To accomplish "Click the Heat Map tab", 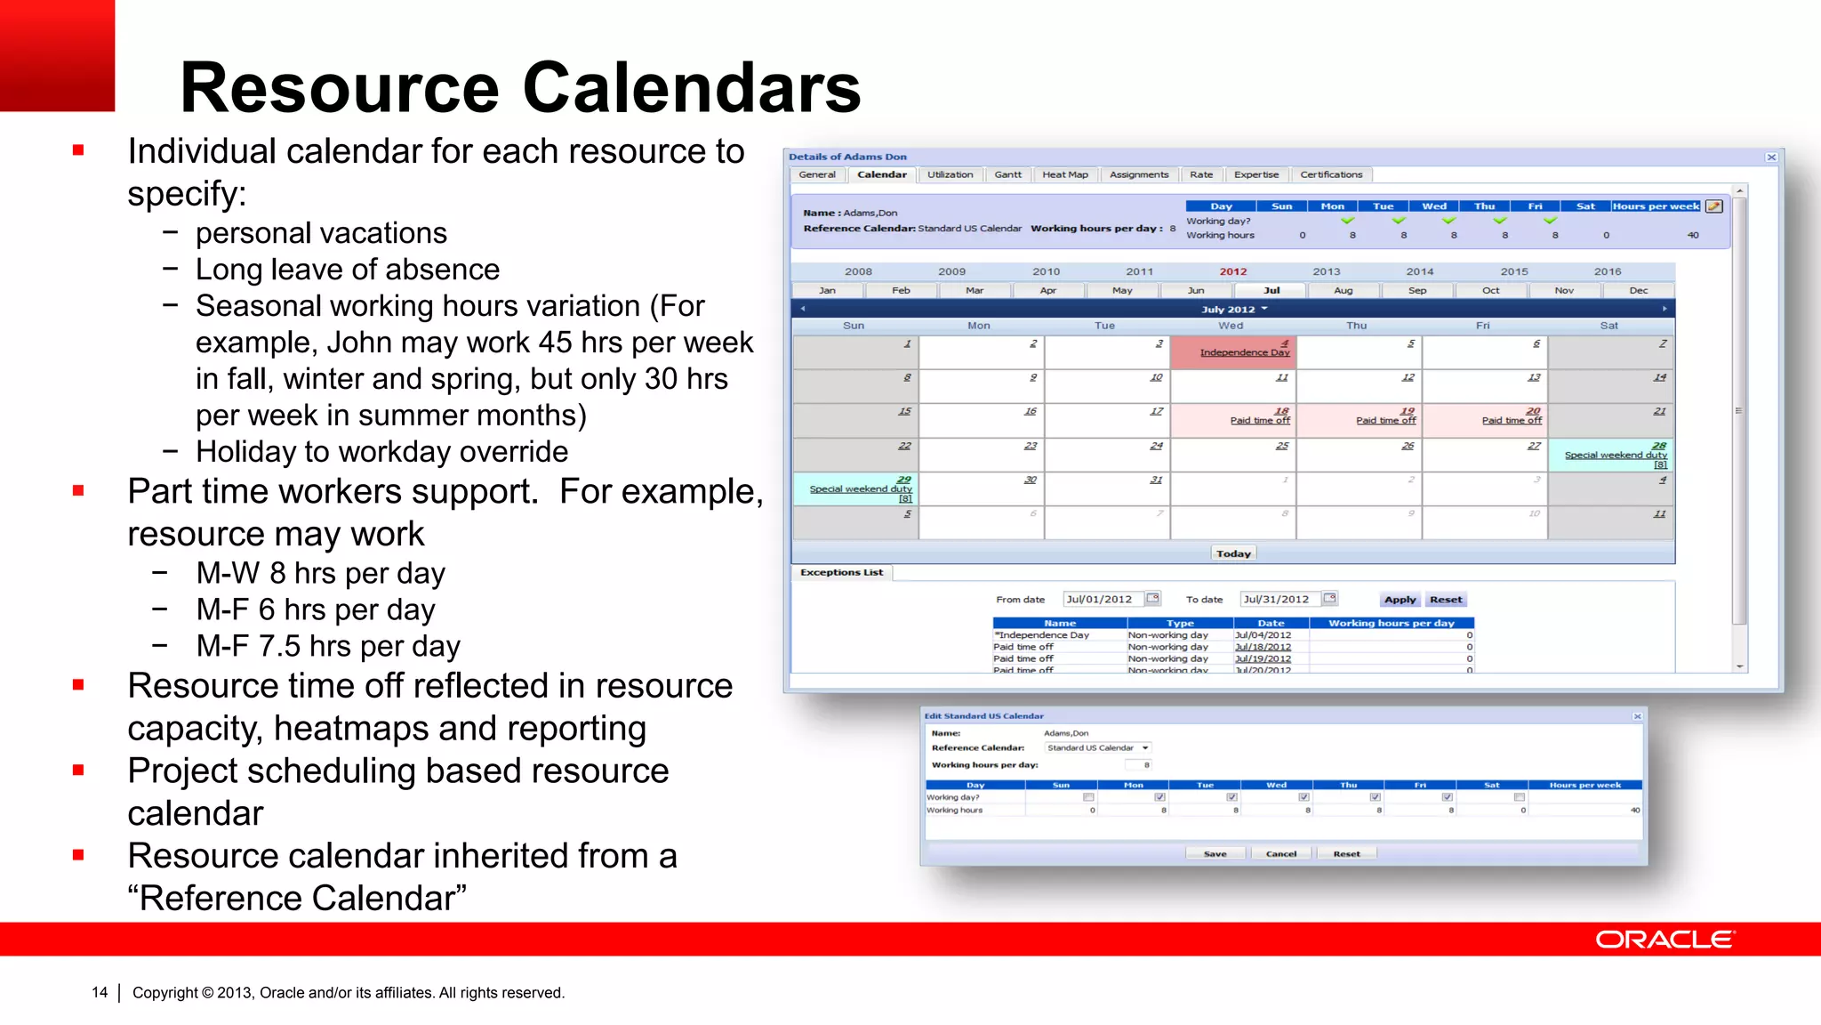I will click(x=1064, y=174).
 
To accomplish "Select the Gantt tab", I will click(x=1007, y=174).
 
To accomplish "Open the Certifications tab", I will click(x=1330, y=174).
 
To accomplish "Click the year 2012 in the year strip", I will click(x=1232, y=271).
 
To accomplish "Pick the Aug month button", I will click(x=1343, y=290).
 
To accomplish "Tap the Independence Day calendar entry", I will click(x=1244, y=352).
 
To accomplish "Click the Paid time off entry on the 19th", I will click(x=1385, y=420).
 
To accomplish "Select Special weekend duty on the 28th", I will click(x=1615, y=455).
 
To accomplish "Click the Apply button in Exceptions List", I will click(x=1400, y=600).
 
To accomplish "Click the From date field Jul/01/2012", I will click(x=1101, y=600).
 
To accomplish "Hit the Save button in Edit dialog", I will click(x=1215, y=853).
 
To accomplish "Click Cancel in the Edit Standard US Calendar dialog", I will click(x=1280, y=853).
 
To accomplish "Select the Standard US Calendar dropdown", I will click(x=1097, y=747).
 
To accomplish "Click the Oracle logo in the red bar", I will click(x=1664, y=940).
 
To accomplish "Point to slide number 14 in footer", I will click(x=100, y=992).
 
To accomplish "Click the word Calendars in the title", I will click(x=691, y=88).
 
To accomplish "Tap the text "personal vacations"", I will click(x=321, y=233).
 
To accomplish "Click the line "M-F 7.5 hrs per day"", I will click(x=328, y=646).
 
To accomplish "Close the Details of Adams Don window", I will click(x=1770, y=157).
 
